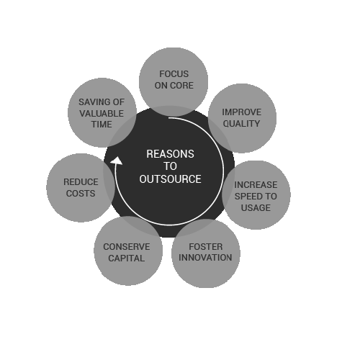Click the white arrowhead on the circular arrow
pyautogui.click(x=117, y=161)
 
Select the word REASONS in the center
pyautogui.click(x=170, y=154)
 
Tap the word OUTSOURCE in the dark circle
pyautogui.click(x=170, y=179)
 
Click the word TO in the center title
pyautogui.click(x=171, y=166)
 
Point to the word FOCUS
pyautogui.click(x=174, y=74)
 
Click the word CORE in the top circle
pyautogui.click(x=183, y=86)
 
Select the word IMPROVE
pyautogui.click(x=241, y=112)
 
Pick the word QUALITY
pyautogui.click(x=241, y=124)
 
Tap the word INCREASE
pyautogui.click(x=256, y=185)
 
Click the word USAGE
pyautogui.click(x=256, y=208)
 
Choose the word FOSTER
pyautogui.click(x=206, y=247)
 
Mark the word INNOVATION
pyautogui.click(x=205, y=258)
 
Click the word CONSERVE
pyautogui.click(x=127, y=247)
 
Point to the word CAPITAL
pyautogui.click(x=127, y=258)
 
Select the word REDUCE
pyautogui.click(x=81, y=182)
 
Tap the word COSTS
pyautogui.click(x=81, y=194)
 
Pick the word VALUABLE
pyautogui.click(x=102, y=114)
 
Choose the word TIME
pyautogui.click(x=102, y=125)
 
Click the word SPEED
pyautogui.click(x=248, y=197)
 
